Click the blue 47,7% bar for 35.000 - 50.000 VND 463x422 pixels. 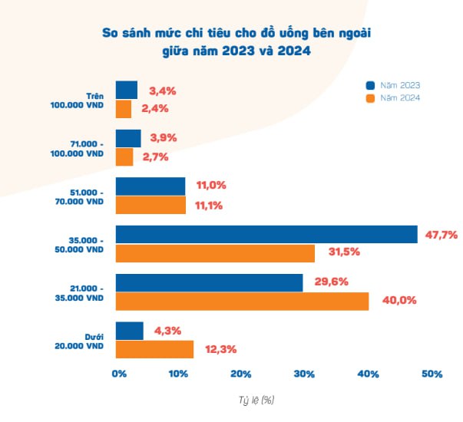[x=266, y=234]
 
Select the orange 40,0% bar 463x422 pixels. [x=242, y=301]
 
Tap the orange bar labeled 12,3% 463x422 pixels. [x=154, y=349]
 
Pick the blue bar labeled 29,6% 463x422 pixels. [x=209, y=282]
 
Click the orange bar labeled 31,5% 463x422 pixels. [x=215, y=253]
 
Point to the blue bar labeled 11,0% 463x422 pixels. [x=150, y=186]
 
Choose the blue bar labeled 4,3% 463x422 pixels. [x=129, y=331]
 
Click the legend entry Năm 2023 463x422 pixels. [x=393, y=85]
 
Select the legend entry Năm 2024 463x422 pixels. [x=393, y=98]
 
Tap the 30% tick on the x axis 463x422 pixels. [x=304, y=374]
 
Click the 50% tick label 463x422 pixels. [x=432, y=374]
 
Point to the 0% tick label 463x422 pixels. [x=119, y=374]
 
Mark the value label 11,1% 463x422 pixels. [x=211, y=205]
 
